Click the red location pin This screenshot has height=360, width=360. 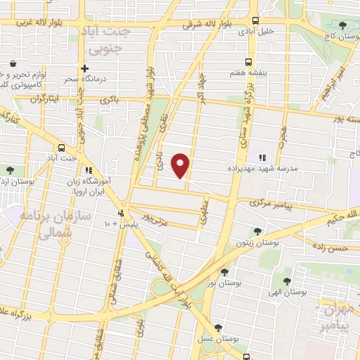(181, 165)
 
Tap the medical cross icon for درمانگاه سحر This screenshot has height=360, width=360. (84, 69)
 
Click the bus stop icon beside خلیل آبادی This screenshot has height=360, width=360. (257, 21)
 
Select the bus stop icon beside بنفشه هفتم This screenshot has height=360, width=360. (247, 62)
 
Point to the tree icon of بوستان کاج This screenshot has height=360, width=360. (342, 26)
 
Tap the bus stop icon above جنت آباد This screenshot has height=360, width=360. (63, 148)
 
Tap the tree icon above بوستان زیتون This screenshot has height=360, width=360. (258, 231)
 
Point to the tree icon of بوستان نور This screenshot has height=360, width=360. (224, 271)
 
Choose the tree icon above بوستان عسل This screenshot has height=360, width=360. (218, 328)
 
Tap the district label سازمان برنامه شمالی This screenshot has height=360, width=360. (45, 226)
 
